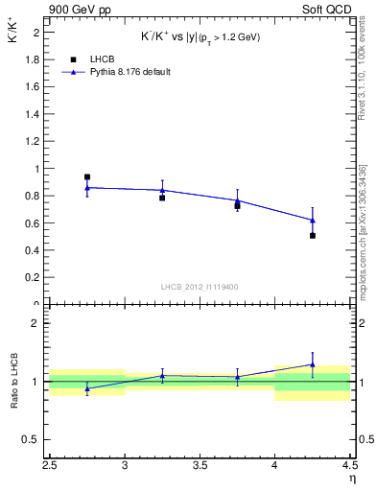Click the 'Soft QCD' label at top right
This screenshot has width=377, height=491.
coord(329,10)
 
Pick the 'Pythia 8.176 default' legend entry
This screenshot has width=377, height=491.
coord(115,72)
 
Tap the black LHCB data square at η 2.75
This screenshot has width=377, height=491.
coord(87,176)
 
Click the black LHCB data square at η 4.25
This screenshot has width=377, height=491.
coord(313,235)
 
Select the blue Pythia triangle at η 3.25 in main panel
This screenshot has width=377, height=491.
coord(162,190)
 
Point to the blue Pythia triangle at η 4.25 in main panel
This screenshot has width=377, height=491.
coord(313,220)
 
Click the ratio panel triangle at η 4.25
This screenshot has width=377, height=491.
coord(313,364)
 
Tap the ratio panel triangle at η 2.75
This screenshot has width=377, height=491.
coord(87,389)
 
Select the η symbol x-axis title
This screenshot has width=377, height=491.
coord(351,478)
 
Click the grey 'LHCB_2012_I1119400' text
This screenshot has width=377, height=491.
coord(200,287)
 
